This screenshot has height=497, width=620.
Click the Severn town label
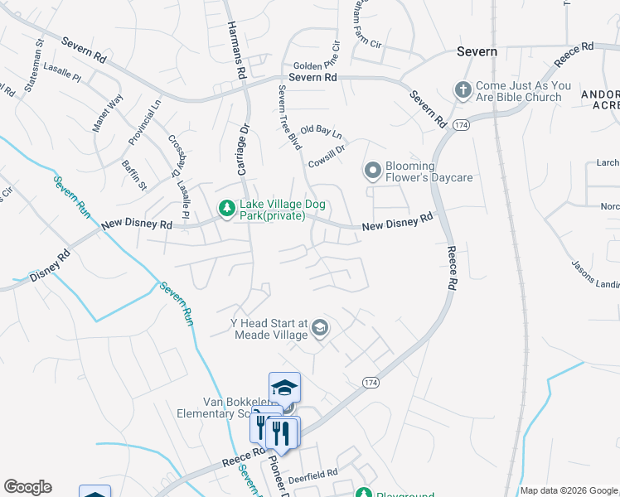[x=477, y=51]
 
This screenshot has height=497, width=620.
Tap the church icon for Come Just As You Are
[x=463, y=89]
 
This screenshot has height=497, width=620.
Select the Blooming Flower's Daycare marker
[x=373, y=171]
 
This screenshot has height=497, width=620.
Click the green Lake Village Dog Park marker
[x=225, y=210]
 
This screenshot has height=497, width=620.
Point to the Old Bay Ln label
[x=321, y=131]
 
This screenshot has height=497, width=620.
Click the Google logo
[x=27, y=487]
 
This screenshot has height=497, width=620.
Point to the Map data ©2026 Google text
[x=569, y=490]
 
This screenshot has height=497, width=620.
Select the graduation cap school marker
[x=284, y=388]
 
